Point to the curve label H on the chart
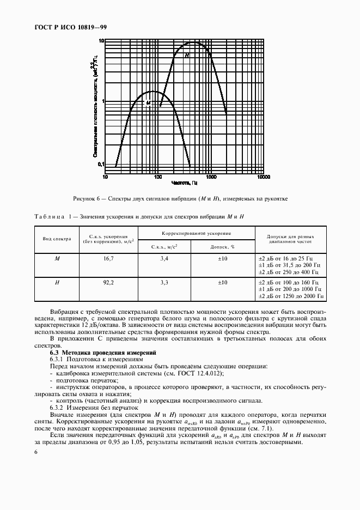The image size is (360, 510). coord(186,56)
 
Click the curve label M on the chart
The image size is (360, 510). coord(148,102)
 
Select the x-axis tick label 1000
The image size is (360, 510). coord(211,177)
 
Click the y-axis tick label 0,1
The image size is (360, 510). coord(100,164)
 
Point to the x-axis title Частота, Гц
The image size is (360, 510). coord(184,184)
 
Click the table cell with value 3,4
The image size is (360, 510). coord(164,258)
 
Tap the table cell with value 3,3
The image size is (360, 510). coord(164,283)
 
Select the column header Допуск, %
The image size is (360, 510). coord(222,246)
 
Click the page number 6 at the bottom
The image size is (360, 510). coord(36,452)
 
